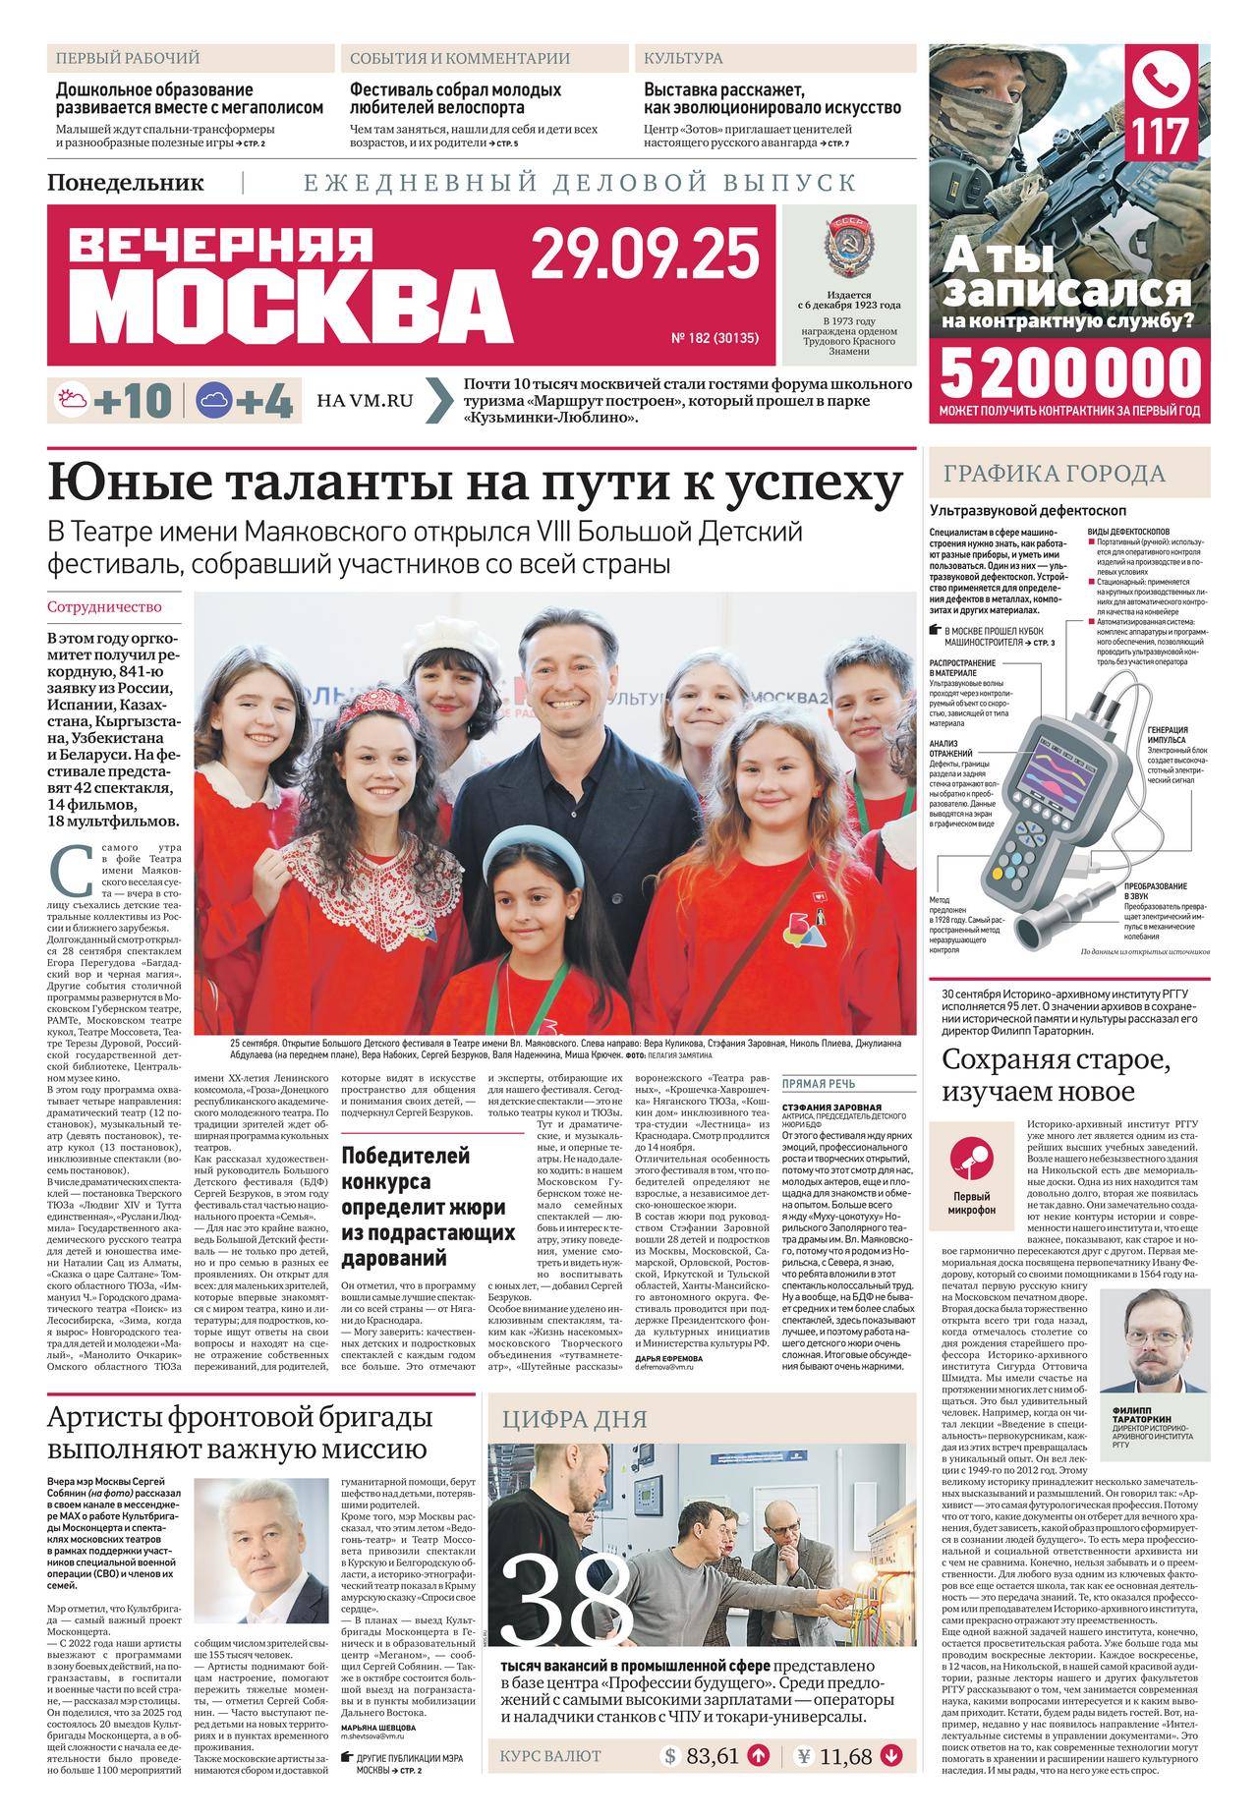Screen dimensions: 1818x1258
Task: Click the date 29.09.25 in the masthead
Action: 646,255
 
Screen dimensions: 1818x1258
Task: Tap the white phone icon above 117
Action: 1165,78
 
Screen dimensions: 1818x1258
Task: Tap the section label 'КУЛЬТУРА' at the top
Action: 683,58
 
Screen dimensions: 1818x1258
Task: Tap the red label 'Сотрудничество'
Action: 104,607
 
